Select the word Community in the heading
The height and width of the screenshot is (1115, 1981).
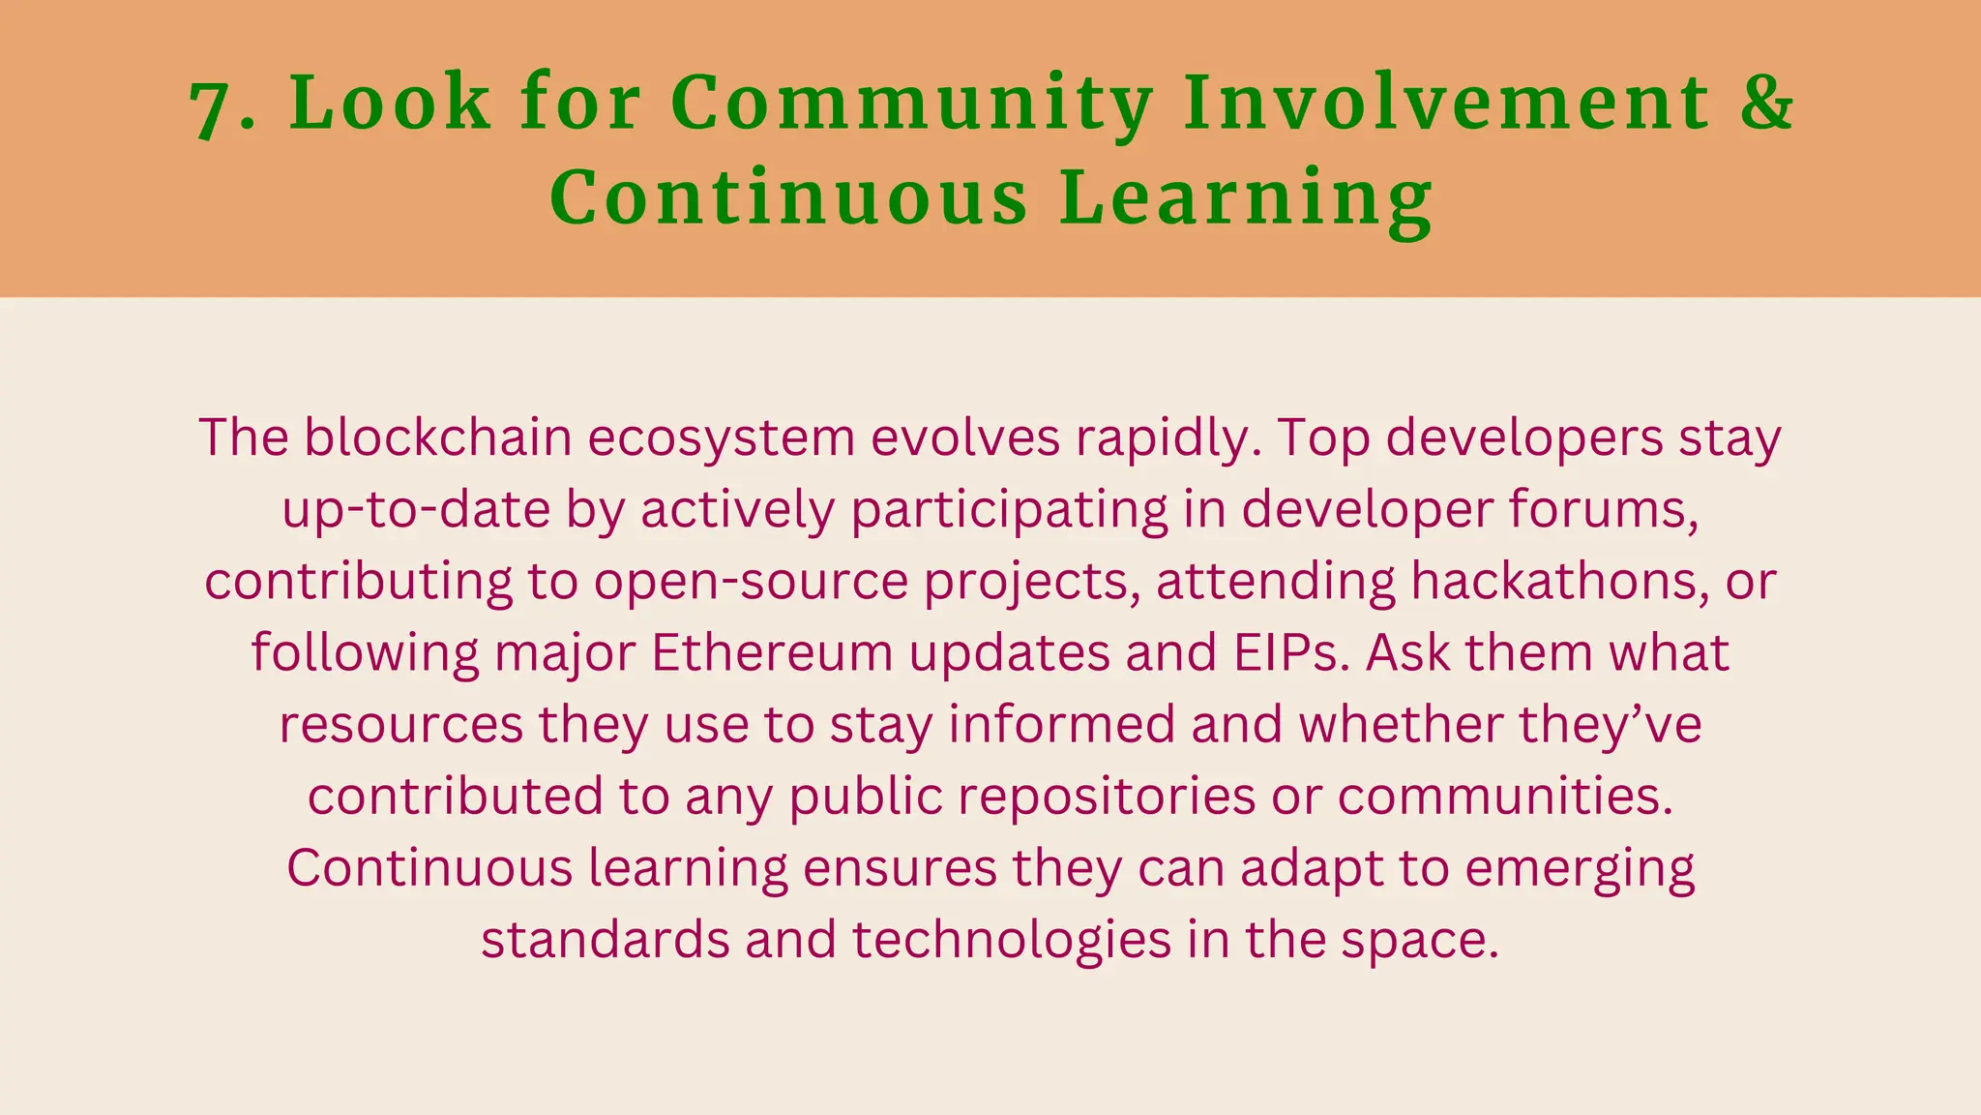(912, 103)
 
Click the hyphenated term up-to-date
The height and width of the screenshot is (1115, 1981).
(416, 510)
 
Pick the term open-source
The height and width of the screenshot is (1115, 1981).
(751, 582)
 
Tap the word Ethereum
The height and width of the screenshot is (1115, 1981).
(771, 652)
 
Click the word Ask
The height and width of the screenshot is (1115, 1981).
(1407, 652)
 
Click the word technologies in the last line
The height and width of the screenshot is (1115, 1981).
(1012, 940)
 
